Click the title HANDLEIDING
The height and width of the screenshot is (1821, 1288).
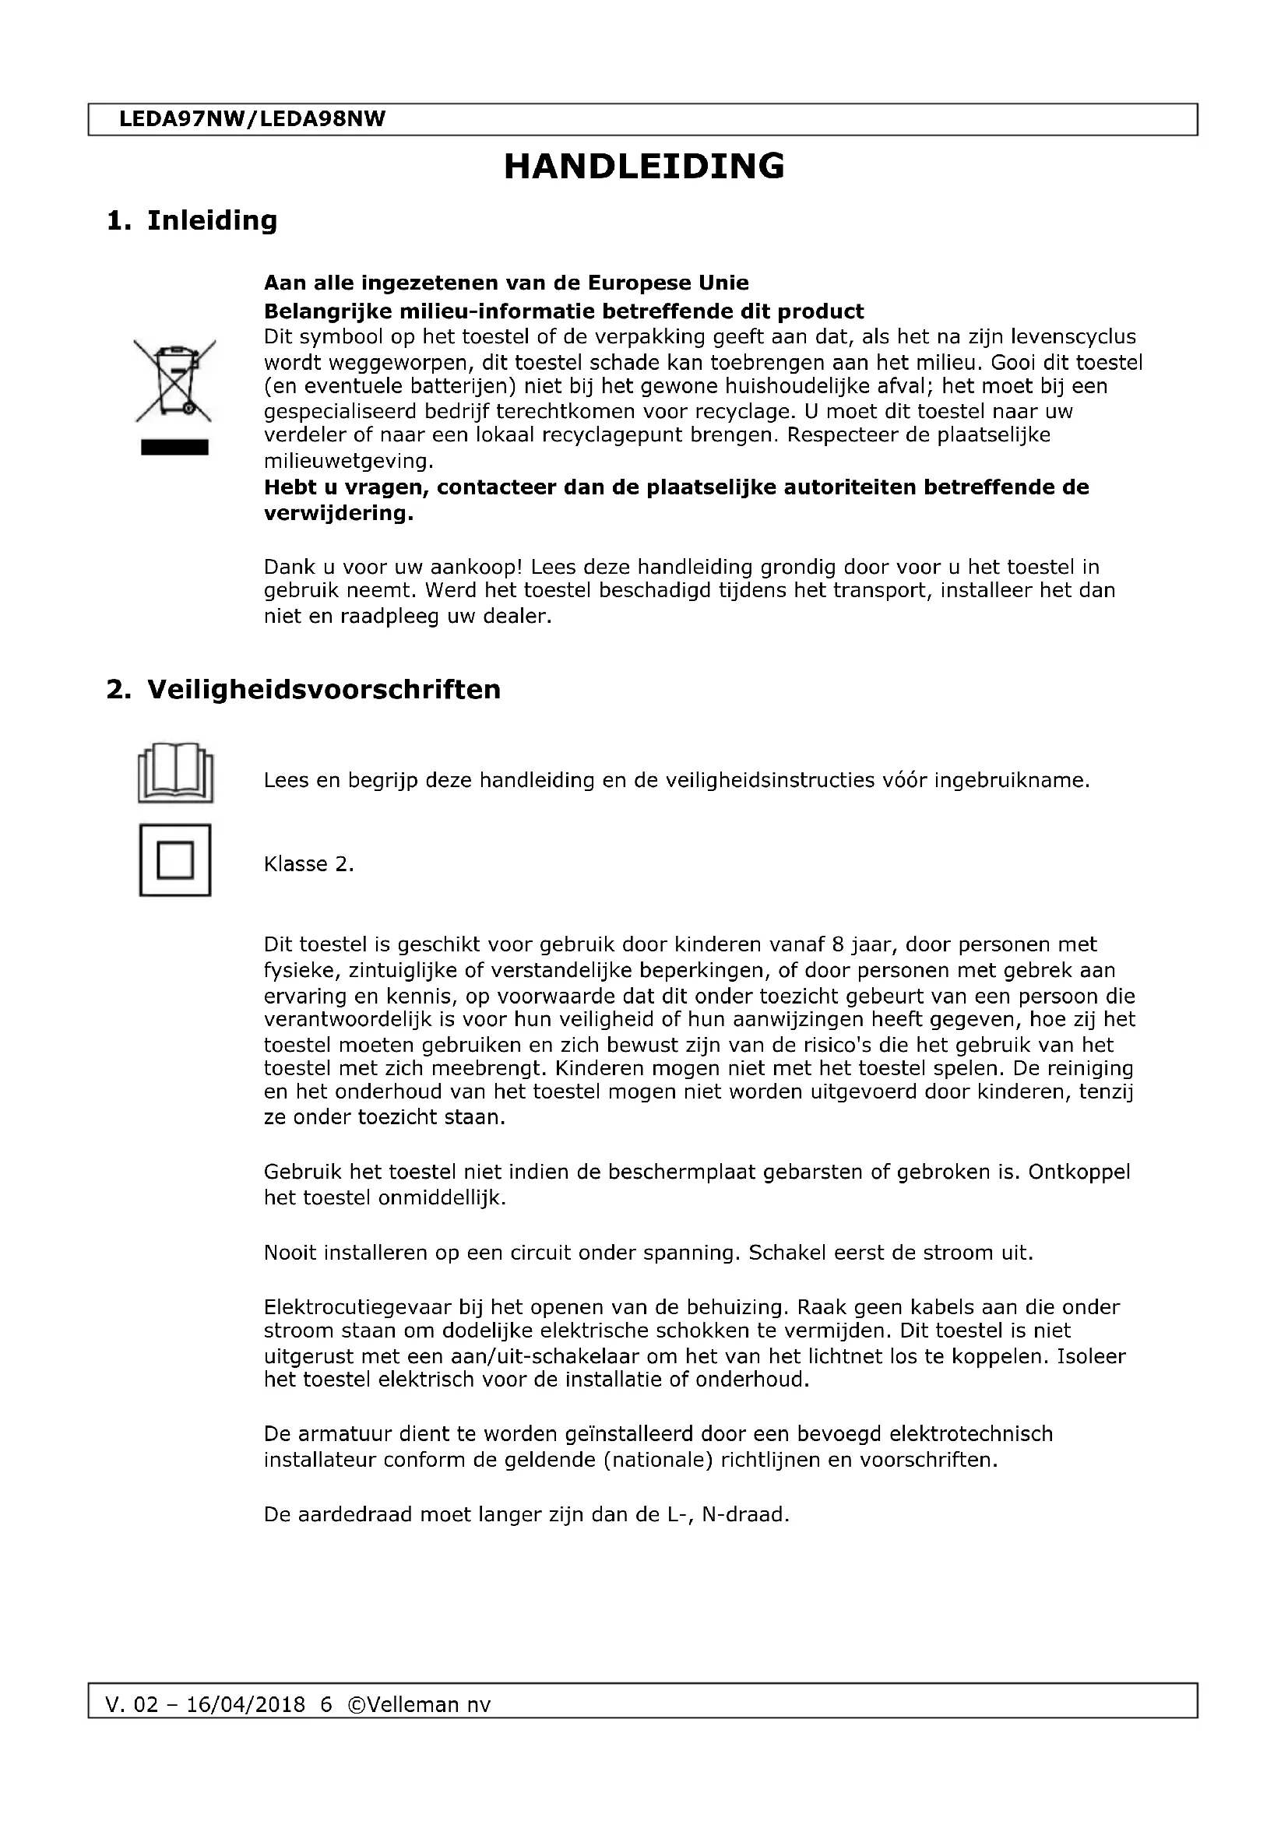644,167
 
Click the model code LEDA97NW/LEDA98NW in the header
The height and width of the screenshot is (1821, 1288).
252,119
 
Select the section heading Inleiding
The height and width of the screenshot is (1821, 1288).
212,220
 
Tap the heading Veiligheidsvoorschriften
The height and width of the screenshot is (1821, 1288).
324,689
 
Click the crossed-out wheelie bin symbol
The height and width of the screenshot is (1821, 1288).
174,380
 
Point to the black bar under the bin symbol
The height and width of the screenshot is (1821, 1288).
174,448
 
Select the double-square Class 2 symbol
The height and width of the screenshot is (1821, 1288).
175,860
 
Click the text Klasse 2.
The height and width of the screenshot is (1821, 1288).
308,863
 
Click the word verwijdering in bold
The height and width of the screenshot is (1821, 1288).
336,513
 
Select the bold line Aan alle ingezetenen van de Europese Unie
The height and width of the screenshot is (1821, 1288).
506,283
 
